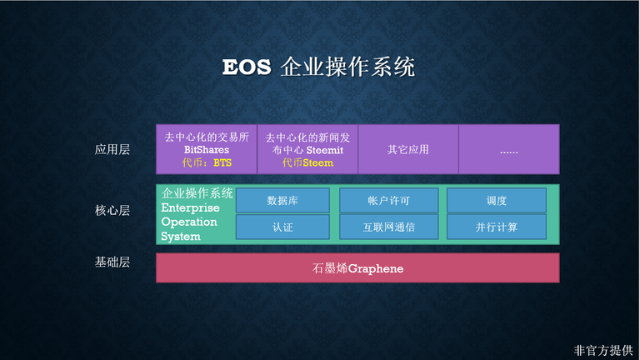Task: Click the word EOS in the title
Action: [247, 67]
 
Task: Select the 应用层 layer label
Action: [112, 149]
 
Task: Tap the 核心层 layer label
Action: [112, 210]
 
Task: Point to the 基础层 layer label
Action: [112, 262]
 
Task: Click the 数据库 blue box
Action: [282, 200]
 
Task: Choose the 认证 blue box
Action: [282, 227]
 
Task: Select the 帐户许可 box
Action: [388, 200]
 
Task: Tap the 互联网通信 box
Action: [388, 227]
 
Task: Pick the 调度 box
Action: [497, 200]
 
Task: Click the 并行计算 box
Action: [497, 227]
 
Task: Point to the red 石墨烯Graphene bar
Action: [357, 267]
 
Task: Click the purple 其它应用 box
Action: [408, 149]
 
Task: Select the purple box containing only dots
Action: [509, 149]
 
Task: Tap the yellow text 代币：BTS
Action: [207, 162]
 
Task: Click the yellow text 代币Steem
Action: [307, 162]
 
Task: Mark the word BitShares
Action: [207, 150]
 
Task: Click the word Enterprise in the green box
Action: [190, 207]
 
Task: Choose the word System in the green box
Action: [181, 237]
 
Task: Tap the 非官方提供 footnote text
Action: [603, 350]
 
